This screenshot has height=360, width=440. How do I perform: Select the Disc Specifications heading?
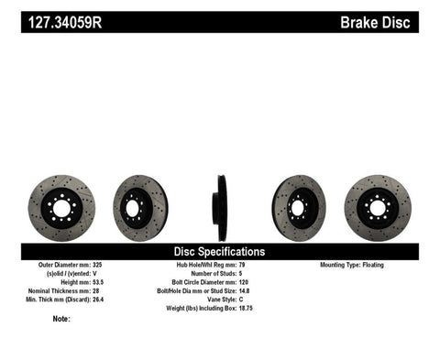pyautogui.click(x=220, y=251)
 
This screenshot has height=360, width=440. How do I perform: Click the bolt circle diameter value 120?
pyautogui.click(x=244, y=283)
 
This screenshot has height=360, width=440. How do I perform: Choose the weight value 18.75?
pyautogui.click(x=247, y=311)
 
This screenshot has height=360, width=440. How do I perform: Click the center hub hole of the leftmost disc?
pyautogui.click(x=61, y=208)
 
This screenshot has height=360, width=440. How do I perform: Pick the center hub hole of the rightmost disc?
pyautogui.click(x=378, y=208)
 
